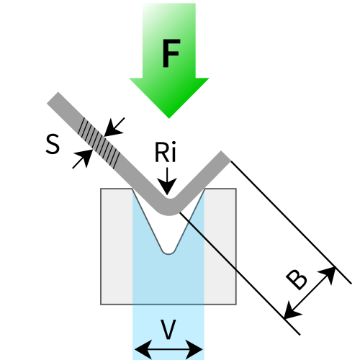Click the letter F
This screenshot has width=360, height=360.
tap(170, 55)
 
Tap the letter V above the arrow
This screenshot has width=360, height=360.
tap(168, 330)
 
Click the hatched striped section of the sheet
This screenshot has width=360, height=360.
tap(99, 138)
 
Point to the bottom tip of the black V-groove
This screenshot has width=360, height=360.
tap(168, 250)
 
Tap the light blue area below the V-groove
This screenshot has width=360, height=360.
tap(168, 281)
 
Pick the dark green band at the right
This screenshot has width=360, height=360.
tap(288, 98)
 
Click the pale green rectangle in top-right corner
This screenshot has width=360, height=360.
tap(277, 40)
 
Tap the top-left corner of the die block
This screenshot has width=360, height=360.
tap(101, 189)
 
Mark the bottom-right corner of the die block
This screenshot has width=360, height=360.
tap(235, 304)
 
